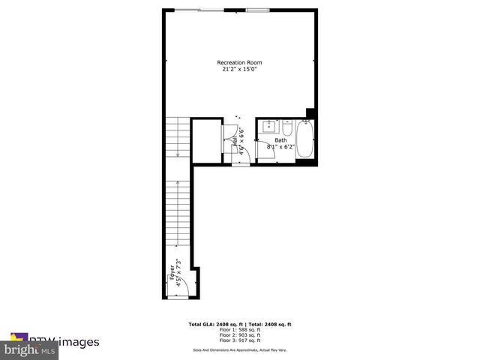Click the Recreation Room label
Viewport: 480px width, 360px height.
coord(240,62)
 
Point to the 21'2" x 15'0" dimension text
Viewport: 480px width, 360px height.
coord(240,70)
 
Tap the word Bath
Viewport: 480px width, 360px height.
coord(280,140)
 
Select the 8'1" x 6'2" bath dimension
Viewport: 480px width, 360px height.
coord(280,147)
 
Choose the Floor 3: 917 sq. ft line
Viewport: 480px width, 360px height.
coord(240,341)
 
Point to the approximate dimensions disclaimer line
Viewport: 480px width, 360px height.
coord(240,349)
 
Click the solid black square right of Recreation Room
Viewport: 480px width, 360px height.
coord(310,114)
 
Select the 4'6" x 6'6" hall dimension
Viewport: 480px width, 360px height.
coord(241,143)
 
